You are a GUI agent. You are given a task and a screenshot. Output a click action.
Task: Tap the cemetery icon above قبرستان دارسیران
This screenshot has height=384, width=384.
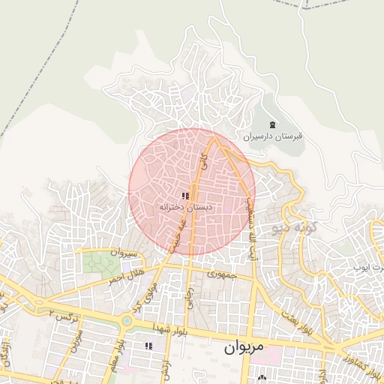coord(271,124)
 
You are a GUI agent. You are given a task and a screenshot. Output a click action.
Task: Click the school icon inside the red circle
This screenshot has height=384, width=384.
coord(185,196)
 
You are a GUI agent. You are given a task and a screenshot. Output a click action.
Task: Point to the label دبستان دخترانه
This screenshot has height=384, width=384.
coord(186,206)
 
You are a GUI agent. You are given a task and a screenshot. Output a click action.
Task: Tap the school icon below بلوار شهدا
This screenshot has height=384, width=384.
coord(148,346)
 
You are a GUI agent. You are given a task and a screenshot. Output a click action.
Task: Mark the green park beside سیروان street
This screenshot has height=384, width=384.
coord(96,263)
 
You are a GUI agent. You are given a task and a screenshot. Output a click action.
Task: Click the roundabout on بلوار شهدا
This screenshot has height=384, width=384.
coord(126,321)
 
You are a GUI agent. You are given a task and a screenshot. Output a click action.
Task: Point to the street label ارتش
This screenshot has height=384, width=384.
coord(166,367)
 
